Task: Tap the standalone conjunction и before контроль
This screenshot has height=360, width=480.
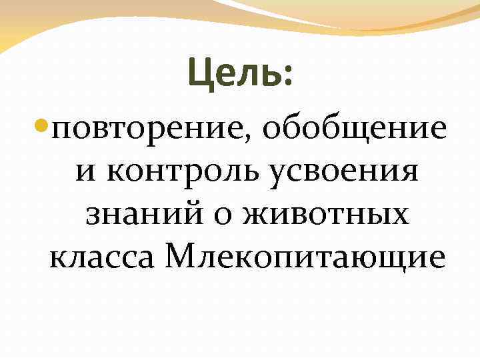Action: pos(85,173)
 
